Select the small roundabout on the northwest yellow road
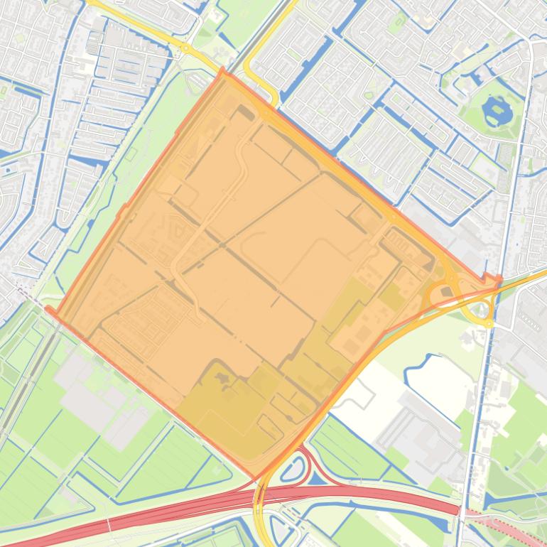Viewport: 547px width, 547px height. [x=185, y=48]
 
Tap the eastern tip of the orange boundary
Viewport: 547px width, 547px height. [x=499, y=279]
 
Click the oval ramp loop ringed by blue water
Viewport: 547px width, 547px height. [x=293, y=468]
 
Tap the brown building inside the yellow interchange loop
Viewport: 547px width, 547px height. [x=446, y=291]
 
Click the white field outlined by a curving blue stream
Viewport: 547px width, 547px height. [x=426, y=377]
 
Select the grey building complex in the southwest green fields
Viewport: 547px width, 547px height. [x=99, y=391]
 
